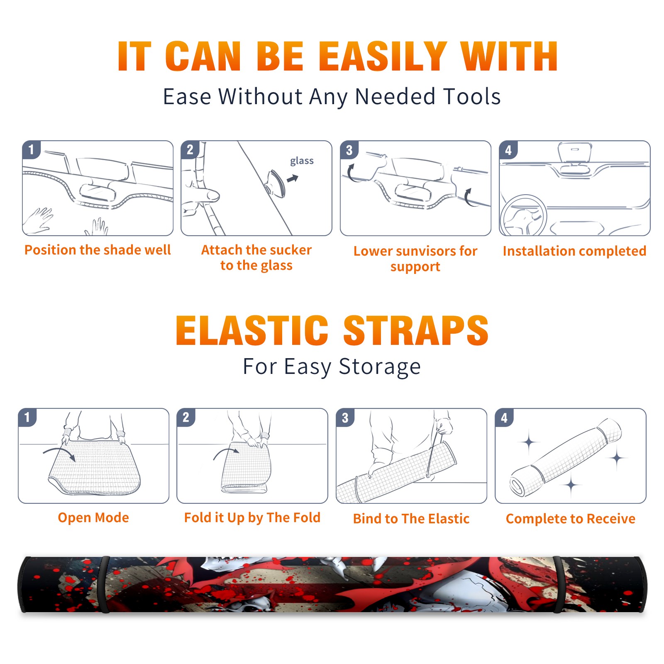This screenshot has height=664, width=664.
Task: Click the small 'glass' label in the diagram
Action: pos(302,161)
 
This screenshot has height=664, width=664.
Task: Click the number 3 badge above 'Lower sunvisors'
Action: pos(349,150)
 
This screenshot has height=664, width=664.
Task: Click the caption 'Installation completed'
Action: pos(574,251)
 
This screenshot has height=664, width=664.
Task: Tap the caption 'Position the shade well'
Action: pos(98,250)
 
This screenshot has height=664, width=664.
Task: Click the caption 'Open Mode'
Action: pos(93,518)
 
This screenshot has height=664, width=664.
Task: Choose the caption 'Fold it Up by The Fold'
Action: pos(252,518)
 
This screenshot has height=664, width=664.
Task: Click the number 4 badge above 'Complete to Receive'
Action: pos(504,417)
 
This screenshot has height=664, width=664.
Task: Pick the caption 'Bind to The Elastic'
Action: pos(411,519)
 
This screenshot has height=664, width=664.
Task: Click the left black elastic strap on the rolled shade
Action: pos(105,584)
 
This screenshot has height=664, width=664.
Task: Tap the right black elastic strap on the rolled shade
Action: pos(559,584)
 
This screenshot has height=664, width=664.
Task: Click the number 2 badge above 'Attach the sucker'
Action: pos(190,150)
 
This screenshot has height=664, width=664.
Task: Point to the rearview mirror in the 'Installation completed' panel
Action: pos(575,153)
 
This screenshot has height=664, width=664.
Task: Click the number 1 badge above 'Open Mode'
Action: pos(27,417)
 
